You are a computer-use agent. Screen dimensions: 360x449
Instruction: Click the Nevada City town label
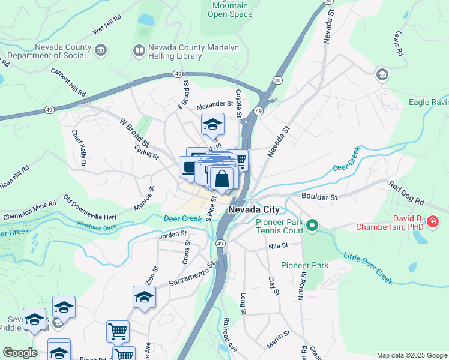[254, 209]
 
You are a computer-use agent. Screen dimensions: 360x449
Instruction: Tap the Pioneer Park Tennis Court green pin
[312, 226]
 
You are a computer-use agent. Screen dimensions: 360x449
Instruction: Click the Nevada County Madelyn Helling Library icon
[139, 51]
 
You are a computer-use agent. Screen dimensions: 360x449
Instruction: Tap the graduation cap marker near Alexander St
[212, 124]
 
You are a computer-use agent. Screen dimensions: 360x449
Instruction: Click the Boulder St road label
[320, 196]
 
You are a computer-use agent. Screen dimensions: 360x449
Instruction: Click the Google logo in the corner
[20, 353]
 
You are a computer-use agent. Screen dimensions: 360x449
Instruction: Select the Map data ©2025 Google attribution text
[411, 355]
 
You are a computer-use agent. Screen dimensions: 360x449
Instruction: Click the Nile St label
[279, 245]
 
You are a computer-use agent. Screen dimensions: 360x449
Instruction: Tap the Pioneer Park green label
[305, 265]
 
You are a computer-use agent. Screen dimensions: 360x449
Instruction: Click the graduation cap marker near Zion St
[144, 297]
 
